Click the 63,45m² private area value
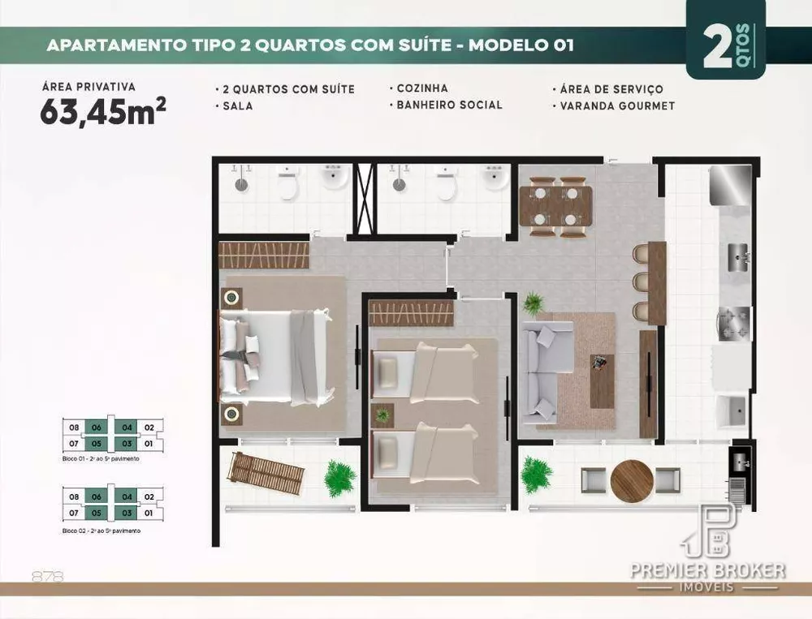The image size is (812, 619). coord(103,112)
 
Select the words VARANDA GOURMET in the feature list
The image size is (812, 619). coord(617,105)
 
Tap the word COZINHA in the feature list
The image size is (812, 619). coord(421,88)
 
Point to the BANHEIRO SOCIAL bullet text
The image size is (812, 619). coord(449,105)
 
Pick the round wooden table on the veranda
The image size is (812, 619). coord(631,481)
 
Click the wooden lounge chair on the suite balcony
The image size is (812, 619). coord(266,474)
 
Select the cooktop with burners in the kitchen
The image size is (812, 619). coord(734,323)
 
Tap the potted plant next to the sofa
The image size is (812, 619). coord(533,303)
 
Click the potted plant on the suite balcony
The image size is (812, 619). coord(339,478)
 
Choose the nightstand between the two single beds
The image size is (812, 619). coord(382,415)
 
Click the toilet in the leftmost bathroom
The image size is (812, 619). coord(287,186)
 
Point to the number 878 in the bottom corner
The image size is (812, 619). coord(47,577)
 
